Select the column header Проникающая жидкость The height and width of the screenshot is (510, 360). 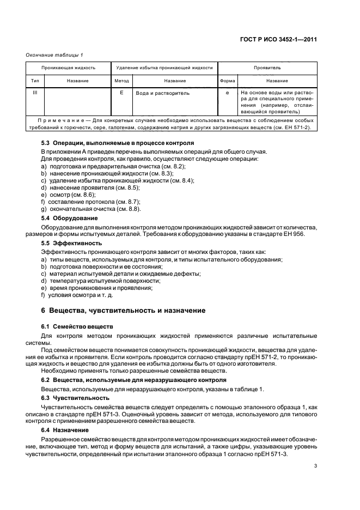coord(68,68)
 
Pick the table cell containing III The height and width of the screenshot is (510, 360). coord(35,93)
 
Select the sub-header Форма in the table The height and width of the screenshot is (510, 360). coord(227,81)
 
